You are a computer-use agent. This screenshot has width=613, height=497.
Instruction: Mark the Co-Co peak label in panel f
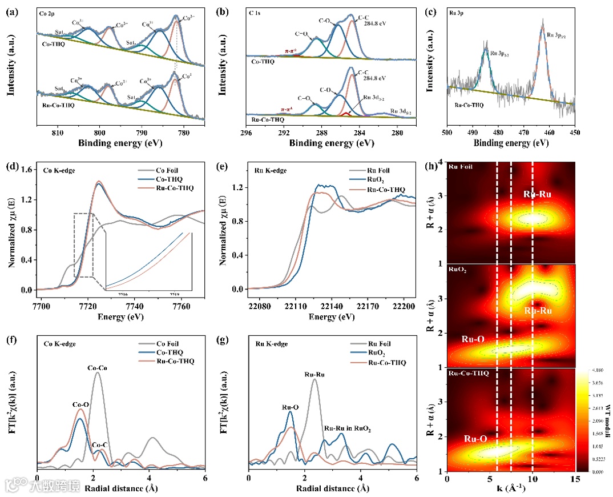(98, 368)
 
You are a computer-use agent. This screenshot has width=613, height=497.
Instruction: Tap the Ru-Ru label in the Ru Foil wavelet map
(539, 195)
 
